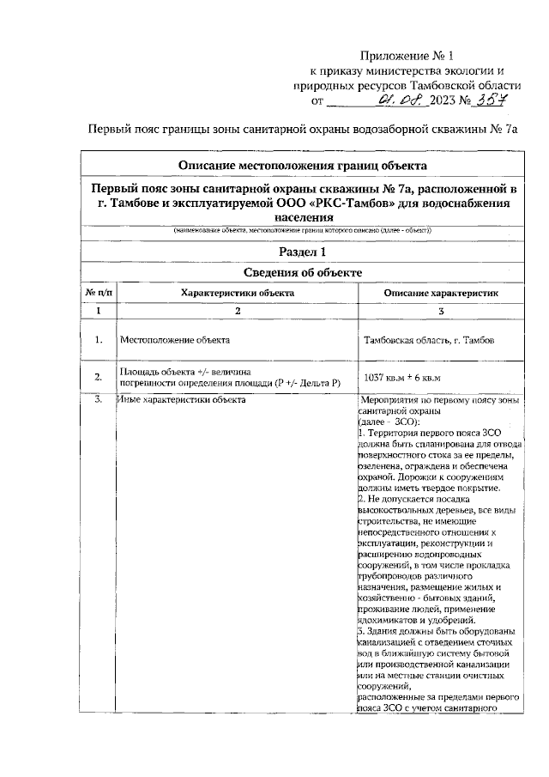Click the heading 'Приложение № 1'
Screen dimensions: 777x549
point(407,54)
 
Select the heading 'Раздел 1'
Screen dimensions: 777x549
point(302,252)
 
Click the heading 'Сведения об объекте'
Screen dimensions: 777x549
point(302,273)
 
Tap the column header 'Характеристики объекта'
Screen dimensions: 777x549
point(238,294)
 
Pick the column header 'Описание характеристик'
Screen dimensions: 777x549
point(441,294)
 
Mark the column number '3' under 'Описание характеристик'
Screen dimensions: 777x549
point(441,310)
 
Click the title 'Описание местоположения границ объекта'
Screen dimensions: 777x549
point(302,166)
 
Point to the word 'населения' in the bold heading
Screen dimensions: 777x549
point(302,218)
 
